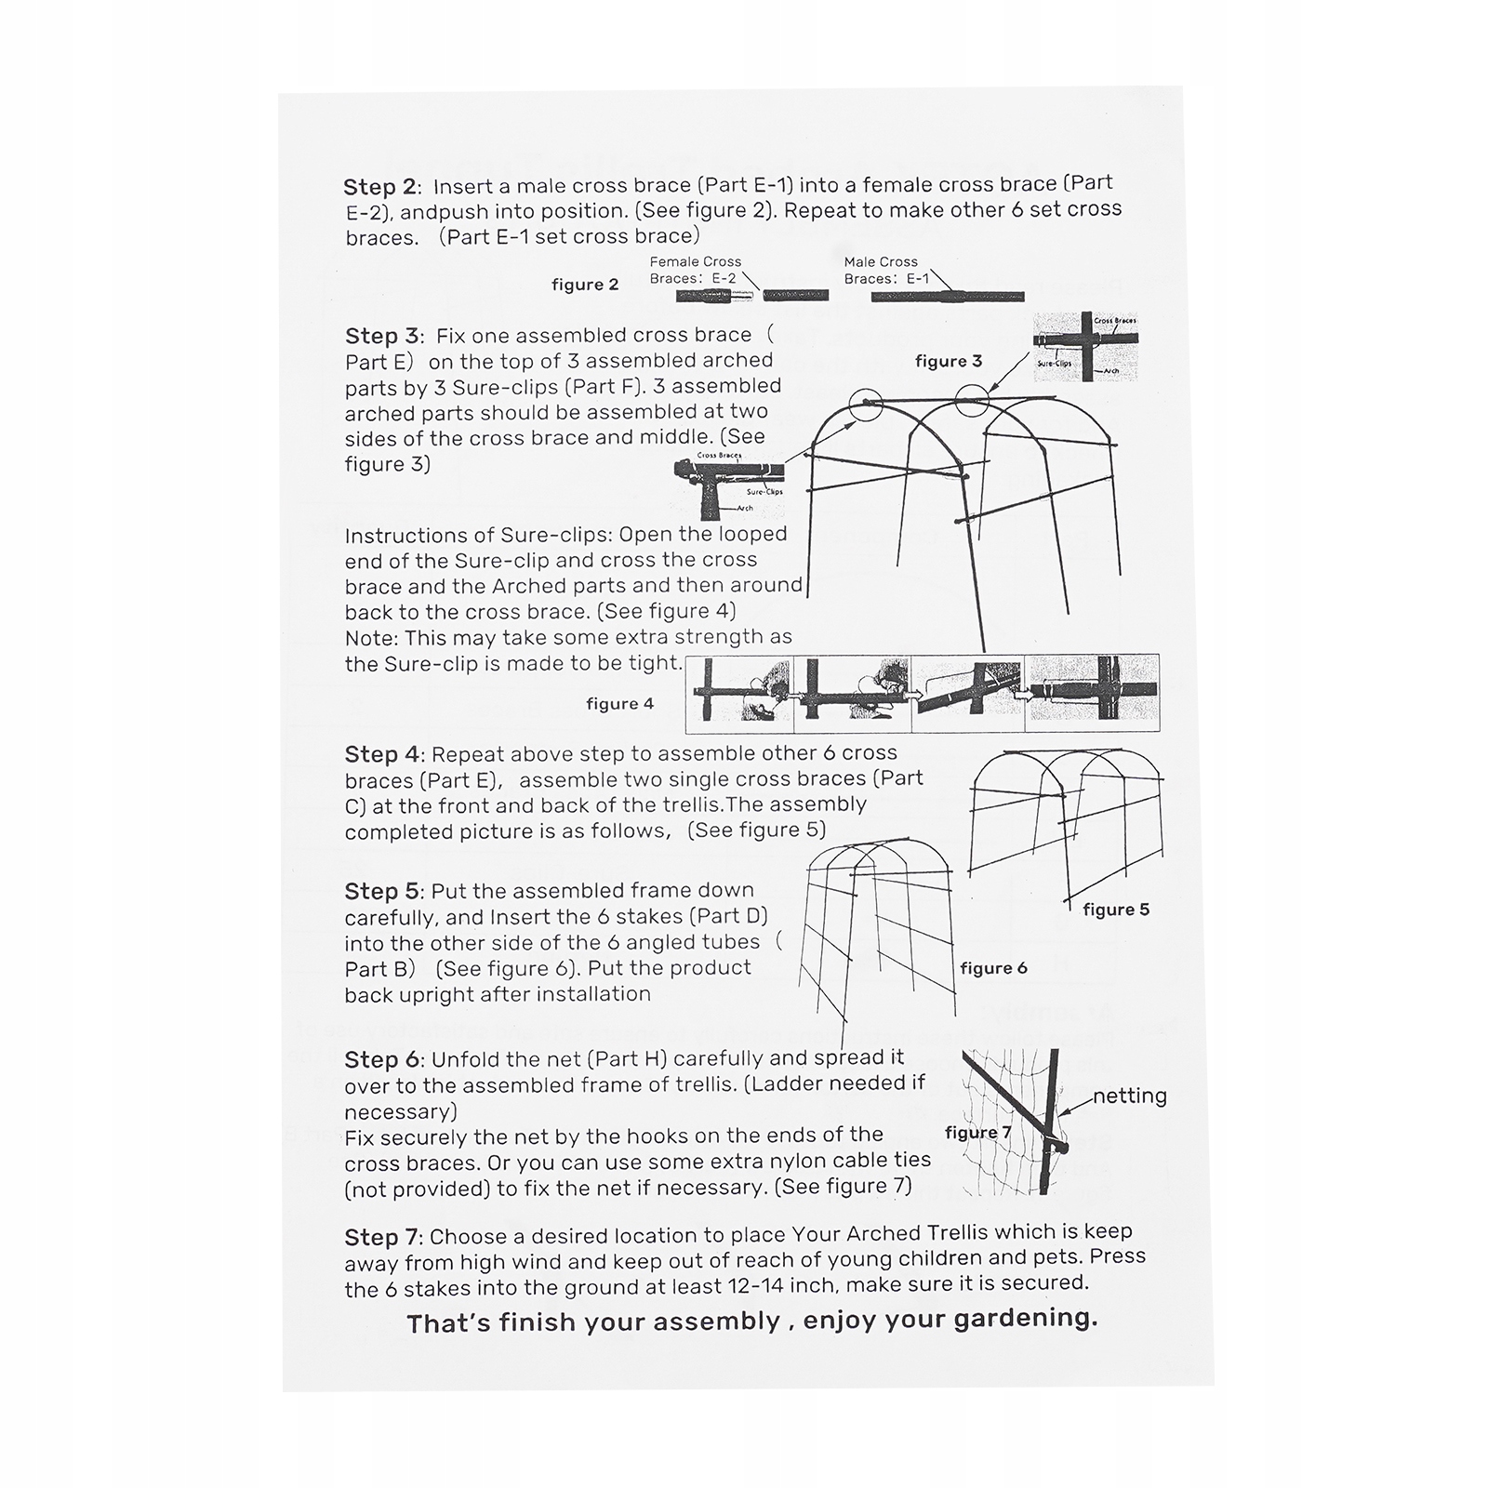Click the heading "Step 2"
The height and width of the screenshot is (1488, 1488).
(x=381, y=187)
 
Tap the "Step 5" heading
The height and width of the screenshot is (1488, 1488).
(x=382, y=891)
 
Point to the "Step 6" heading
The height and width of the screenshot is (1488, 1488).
(x=382, y=1059)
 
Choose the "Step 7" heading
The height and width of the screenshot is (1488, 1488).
(x=382, y=1238)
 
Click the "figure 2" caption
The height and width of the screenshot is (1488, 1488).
(x=585, y=285)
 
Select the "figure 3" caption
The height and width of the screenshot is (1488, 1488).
(x=949, y=361)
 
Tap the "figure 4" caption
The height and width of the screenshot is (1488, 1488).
(x=620, y=704)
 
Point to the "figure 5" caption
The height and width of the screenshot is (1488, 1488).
(x=1116, y=910)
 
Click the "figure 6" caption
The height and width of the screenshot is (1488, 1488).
(x=993, y=968)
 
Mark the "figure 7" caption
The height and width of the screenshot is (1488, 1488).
(x=977, y=1132)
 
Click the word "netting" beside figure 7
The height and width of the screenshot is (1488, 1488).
(x=1129, y=1096)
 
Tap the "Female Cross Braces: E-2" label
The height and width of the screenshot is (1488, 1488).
(x=695, y=270)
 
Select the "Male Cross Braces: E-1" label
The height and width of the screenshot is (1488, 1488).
(x=885, y=270)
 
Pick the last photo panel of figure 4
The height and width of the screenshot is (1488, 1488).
(x=1093, y=693)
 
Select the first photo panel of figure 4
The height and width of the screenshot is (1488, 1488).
(x=740, y=693)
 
